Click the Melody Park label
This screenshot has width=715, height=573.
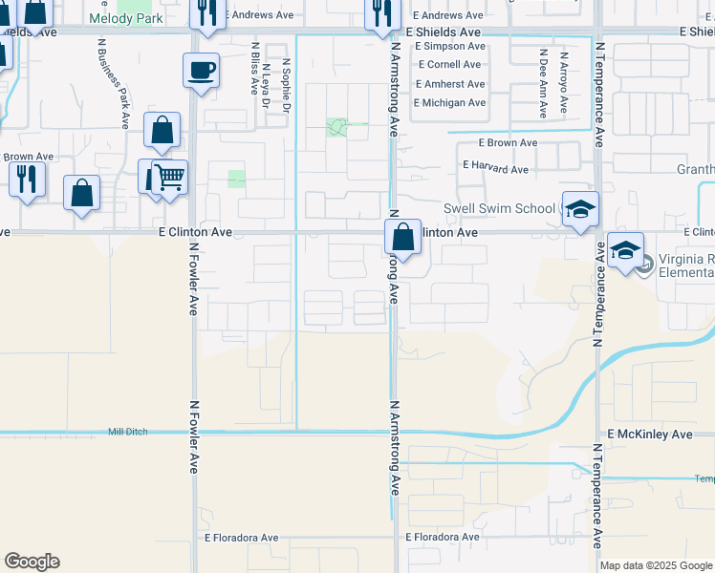[x=125, y=18]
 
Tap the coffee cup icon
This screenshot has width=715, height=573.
[x=201, y=71]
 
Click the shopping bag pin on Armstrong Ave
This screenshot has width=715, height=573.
[x=403, y=237]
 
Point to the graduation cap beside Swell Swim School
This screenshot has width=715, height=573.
[x=580, y=209]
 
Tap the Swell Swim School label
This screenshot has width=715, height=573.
[x=499, y=209]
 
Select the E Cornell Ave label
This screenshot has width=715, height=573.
[x=448, y=65]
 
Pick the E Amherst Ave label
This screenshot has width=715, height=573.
[x=449, y=84]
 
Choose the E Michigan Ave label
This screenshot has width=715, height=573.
[x=449, y=102]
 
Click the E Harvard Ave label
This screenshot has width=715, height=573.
[x=495, y=169]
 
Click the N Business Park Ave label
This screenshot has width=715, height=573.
[x=113, y=83]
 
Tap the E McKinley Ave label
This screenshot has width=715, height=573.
[x=649, y=435]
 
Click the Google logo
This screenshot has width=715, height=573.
[x=32, y=562]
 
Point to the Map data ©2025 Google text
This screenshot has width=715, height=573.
[x=655, y=565]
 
